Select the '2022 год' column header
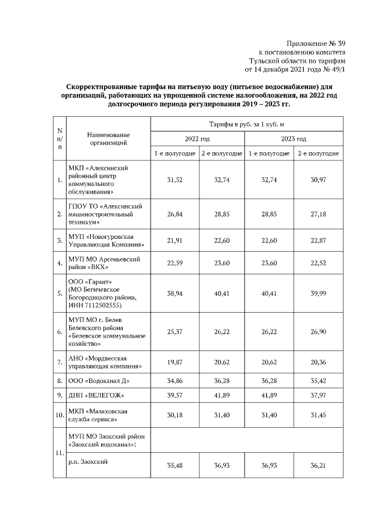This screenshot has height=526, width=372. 198,139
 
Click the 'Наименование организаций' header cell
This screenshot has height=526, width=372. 109,138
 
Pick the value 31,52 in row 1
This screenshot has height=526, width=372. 175,180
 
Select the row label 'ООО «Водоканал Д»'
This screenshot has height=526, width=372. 99,381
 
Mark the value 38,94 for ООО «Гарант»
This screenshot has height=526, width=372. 175,294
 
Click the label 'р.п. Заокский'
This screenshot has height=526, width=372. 88,462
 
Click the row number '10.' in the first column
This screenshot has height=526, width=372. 60,415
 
